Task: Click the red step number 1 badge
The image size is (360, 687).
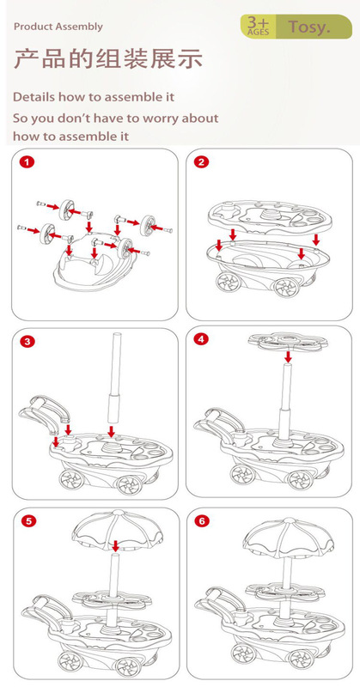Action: click(27, 162)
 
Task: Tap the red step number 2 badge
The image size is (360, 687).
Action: click(202, 162)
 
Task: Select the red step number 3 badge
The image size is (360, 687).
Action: click(27, 342)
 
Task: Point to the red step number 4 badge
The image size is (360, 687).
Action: click(201, 339)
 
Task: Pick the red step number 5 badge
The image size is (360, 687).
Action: click(28, 521)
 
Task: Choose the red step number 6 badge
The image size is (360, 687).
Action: click(203, 521)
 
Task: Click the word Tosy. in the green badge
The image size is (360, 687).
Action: click(309, 27)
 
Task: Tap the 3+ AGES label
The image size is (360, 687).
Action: click(259, 27)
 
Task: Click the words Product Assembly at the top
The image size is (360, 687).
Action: click(58, 27)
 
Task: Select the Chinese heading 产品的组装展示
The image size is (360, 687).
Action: click(108, 58)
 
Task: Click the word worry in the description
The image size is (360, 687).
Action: click(158, 119)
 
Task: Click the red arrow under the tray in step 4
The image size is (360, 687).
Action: click(288, 356)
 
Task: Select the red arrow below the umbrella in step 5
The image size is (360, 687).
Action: click(115, 546)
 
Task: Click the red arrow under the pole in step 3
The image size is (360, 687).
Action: click(112, 431)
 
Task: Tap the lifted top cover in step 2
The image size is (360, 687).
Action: click(270, 216)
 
